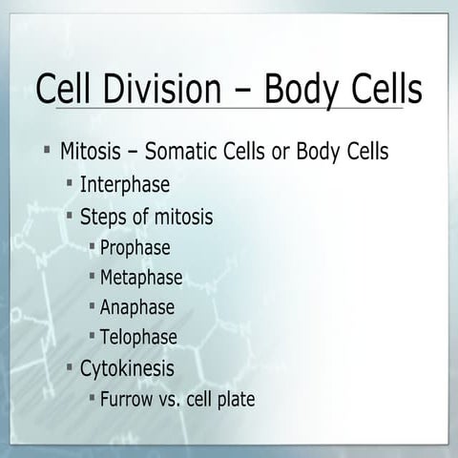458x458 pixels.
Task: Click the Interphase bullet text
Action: pyautogui.click(x=125, y=184)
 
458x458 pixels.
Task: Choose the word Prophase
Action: pyautogui.click(x=135, y=248)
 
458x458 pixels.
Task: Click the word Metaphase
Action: pyautogui.click(x=140, y=278)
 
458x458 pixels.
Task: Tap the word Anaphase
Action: pyautogui.click(x=136, y=307)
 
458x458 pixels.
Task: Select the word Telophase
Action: pyautogui.click(x=138, y=337)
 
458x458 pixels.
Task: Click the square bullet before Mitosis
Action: pyautogui.click(x=46, y=150)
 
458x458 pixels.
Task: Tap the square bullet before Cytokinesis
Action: pyautogui.click(x=70, y=366)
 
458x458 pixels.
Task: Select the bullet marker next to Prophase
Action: pyautogui.click(x=92, y=246)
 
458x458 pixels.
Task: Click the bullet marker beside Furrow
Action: pyautogui.click(x=92, y=397)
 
